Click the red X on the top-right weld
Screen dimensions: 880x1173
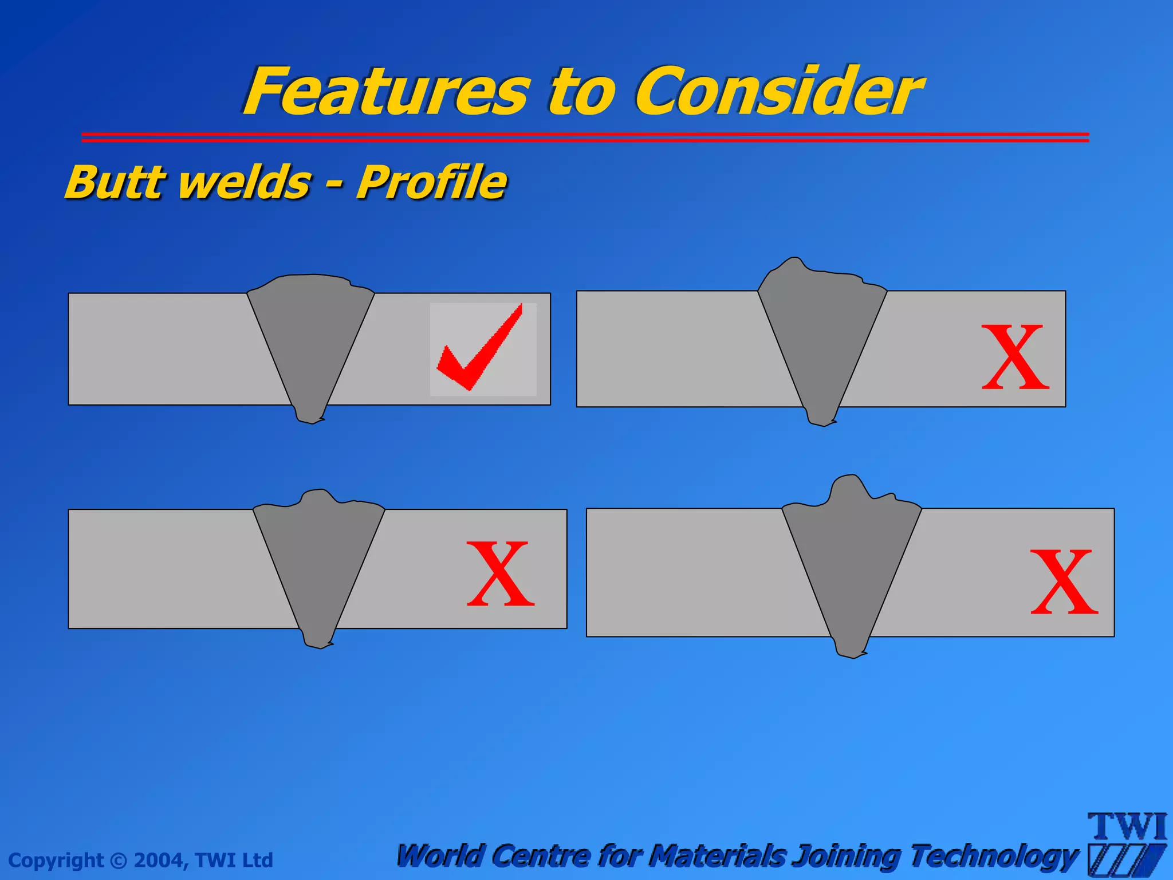[x=1015, y=357]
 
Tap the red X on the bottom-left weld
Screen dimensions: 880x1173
[x=501, y=574]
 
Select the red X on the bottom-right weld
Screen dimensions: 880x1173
[x=1064, y=582]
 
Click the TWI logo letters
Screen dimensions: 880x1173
[x=1127, y=827]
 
